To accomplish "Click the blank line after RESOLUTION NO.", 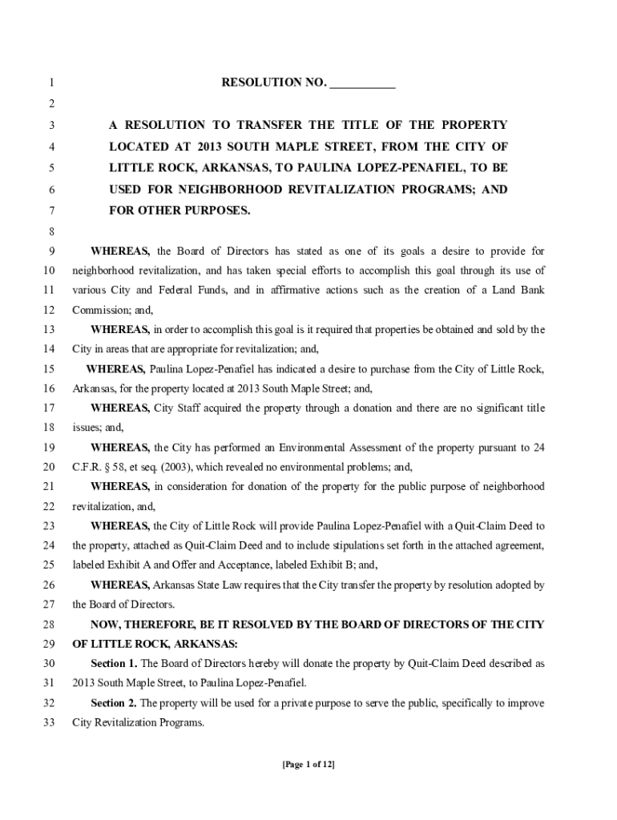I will (x=362, y=83).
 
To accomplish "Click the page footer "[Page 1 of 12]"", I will (x=308, y=765).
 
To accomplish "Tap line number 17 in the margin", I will (x=49, y=408).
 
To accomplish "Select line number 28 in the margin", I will (x=49, y=624).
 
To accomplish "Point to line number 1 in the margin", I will (x=51, y=83).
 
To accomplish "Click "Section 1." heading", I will (x=114, y=664).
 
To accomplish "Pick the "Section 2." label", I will (x=114, y=703).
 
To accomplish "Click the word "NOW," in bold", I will (x=108, y=624).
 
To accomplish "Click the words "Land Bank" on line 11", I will (x=519, y=290).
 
